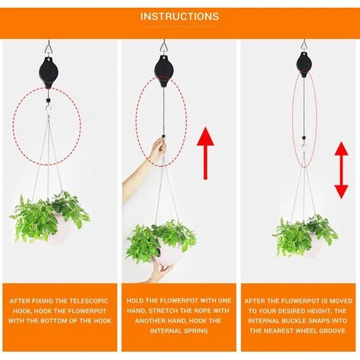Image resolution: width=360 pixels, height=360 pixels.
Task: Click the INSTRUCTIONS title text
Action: coord(180,16)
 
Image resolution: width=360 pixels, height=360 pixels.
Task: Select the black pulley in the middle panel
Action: coord(163,70)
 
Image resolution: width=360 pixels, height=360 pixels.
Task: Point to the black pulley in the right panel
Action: coord(304,64)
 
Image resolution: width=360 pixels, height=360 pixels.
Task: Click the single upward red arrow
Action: coord(205,153)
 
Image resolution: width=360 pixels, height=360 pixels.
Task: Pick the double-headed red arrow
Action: coord(342,170)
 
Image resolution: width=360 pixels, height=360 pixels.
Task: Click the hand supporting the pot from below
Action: coord(162,271)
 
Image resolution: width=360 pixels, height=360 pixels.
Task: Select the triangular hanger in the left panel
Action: coord(47,48)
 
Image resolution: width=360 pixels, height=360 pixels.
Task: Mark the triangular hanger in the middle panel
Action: coord(163,47)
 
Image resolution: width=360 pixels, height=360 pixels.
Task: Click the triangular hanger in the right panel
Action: coord(304,46)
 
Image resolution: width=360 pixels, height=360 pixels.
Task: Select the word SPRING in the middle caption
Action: coord(194,331)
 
